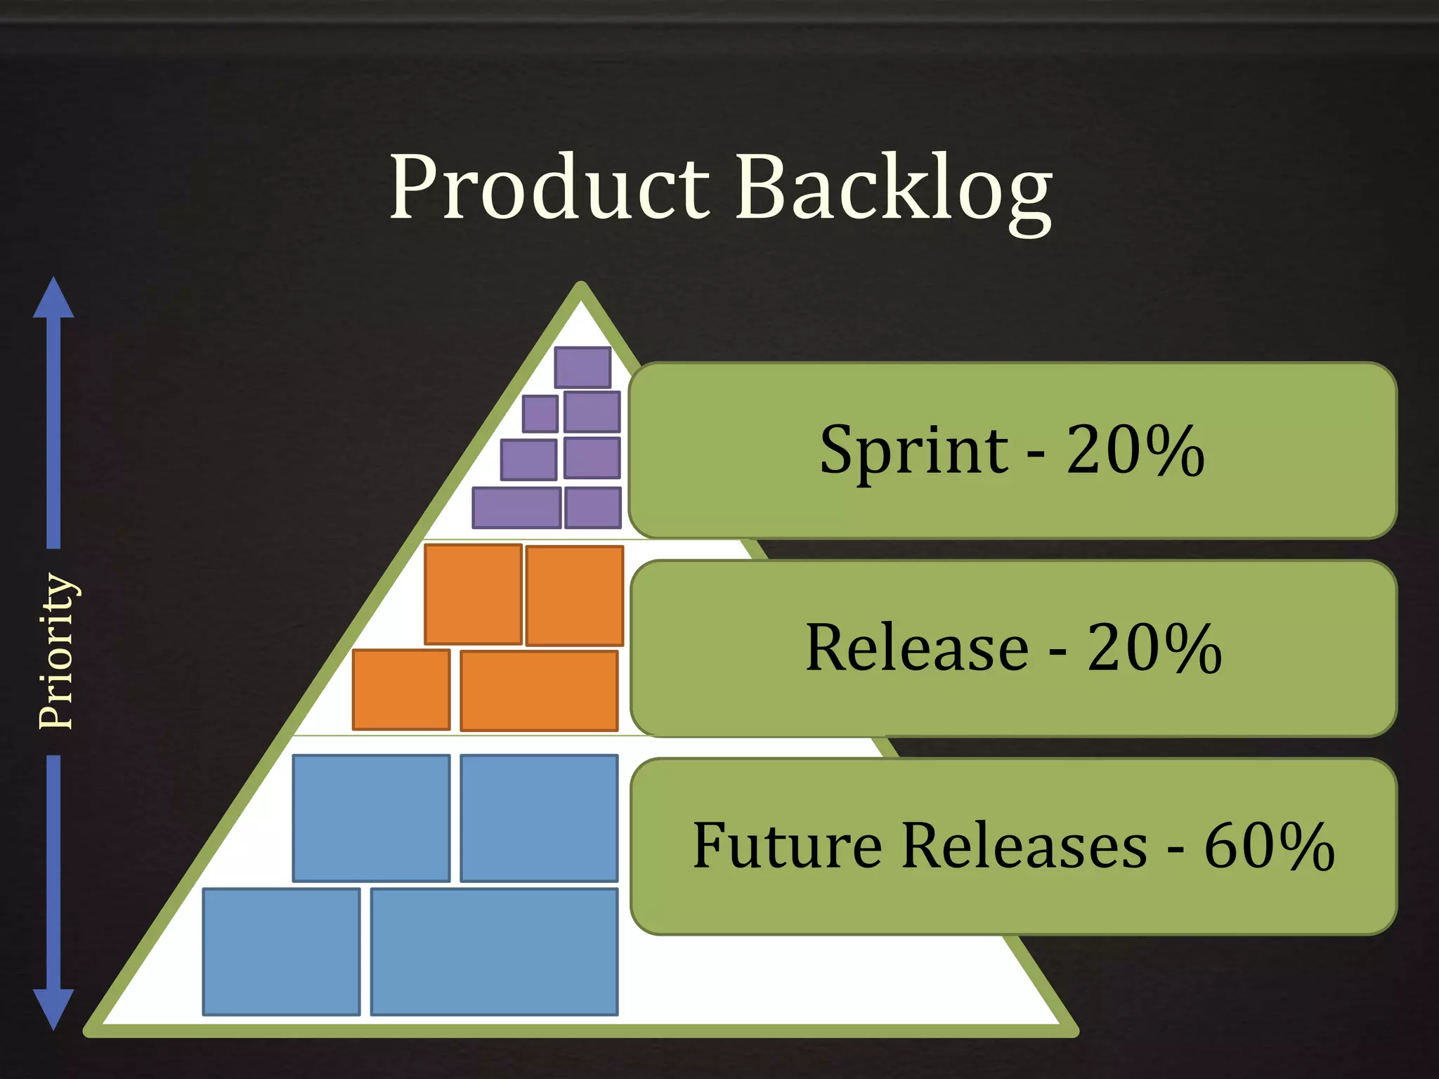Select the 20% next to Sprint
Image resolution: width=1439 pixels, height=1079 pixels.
tap(1135, 451)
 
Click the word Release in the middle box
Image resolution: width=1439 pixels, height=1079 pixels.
tap(916, 648)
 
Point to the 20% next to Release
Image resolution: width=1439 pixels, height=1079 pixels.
tap(1154, 648)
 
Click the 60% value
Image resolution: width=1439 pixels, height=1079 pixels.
tap(1269, 846)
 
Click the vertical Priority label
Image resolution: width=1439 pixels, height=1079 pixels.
tap(56, 651)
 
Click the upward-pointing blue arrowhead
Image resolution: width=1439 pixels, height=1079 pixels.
tap(53, 299)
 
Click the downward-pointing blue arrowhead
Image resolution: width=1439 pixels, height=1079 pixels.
tap(53, 1008)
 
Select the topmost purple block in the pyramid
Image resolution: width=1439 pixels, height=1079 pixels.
tap(582, 367)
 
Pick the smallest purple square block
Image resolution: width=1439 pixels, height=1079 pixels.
tap(540, 414)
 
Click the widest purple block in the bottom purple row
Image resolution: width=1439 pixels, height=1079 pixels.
tap(516, 507)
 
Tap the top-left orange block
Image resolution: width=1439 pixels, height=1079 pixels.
tap(473, 594)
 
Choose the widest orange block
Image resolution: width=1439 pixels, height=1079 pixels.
tap(539, 691)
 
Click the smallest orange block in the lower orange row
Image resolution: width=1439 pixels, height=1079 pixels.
tap(401, 690)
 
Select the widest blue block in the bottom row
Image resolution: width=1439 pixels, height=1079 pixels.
tap(494, 952)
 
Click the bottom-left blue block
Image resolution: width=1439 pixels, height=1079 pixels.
tap(281, 952)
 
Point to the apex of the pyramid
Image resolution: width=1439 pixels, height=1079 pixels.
tap(581, 288)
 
